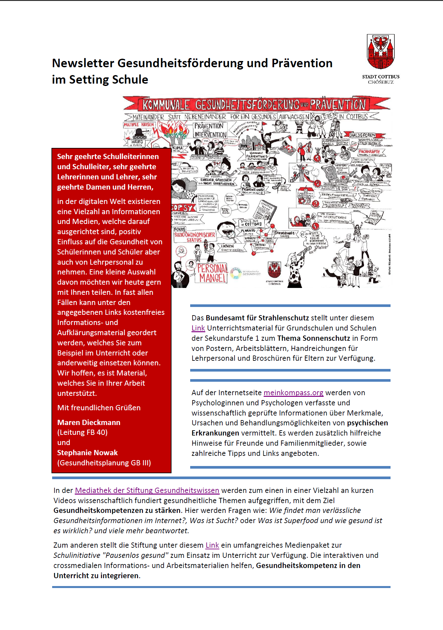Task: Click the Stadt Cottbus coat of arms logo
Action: pyautogui.click(x=380, y=51)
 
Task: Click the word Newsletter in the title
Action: pyautogui.click(x=83, y=63)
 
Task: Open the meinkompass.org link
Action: pyautogui.click(x=293, y=393)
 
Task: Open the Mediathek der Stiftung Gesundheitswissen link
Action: pyautogui.click(x=147, y=490)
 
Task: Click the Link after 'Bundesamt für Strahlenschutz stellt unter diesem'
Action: pyautogui.click(x=198, y=328)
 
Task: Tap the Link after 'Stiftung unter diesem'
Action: pyautogui.click(x=212, y=545)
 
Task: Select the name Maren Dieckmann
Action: pyautogui.click(x=89, y=422)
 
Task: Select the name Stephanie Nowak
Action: pyautogui.click(x=87, y=453)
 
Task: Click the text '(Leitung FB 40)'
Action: pyautogui.click(x=82, y=432)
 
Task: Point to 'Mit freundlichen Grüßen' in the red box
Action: pyautogui.click(x=99, y=408)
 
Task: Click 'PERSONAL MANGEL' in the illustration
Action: pyautogui.click(x=212, y=273)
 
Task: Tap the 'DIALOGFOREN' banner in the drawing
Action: pyautogui.click(x=362, y=135)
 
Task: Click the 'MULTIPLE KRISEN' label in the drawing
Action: pyautogui.click(x=139, y=125)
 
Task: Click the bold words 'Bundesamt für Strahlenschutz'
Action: pyautogui.click(x=257, y=318)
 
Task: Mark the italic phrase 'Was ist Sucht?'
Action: pyautogui.click(x=214, y=520)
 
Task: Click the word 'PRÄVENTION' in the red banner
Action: pyautogui.click(x=338, y=105)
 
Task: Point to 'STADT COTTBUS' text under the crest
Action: pyautogui.click(x=381, y=77)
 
